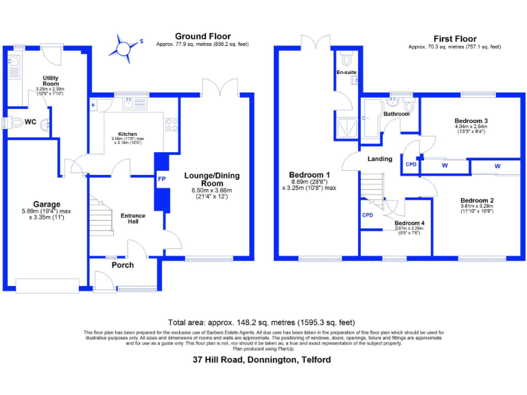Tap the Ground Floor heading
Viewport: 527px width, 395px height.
[202, 36]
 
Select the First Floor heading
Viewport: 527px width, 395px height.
[454, 38]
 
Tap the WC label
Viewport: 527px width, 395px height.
[30, 122]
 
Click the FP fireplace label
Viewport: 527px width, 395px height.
[161, 180]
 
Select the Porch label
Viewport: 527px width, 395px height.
[122, 265]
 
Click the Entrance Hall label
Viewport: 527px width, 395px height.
[132, 219]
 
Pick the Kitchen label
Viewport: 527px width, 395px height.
[127, 134]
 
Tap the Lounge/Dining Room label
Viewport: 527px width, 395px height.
[213, 180]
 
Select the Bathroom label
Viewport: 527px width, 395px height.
[396, 114]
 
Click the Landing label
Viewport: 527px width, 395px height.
[379, 159]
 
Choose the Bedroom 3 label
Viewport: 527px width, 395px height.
[471, 120]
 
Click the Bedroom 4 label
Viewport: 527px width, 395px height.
[410, 223]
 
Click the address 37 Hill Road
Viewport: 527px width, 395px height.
[262, 360]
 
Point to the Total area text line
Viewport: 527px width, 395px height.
[261, 322]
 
